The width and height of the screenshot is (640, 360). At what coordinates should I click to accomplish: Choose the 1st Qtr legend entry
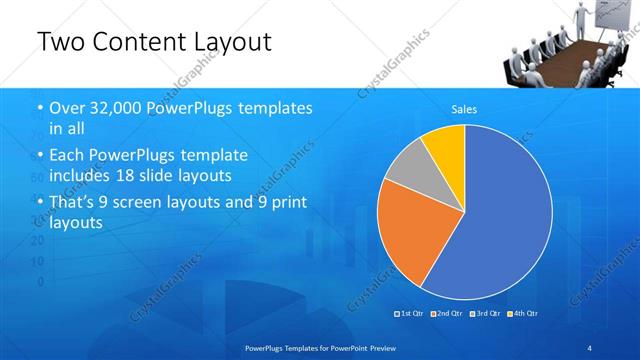point(410,315)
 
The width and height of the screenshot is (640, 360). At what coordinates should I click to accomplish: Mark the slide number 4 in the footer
point(589,346)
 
